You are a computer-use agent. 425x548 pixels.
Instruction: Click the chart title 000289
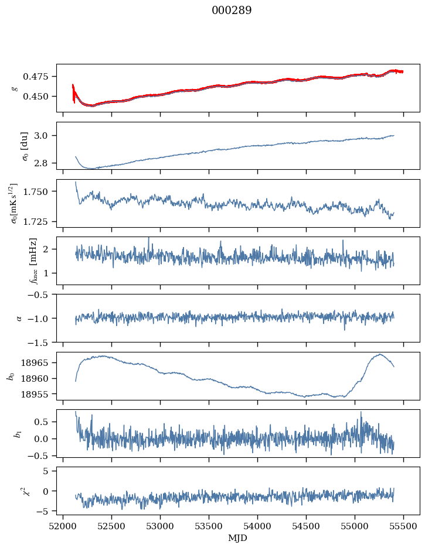232,11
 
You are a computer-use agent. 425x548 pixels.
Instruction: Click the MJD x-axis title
238,537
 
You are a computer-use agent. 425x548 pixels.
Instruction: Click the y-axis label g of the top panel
14,88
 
